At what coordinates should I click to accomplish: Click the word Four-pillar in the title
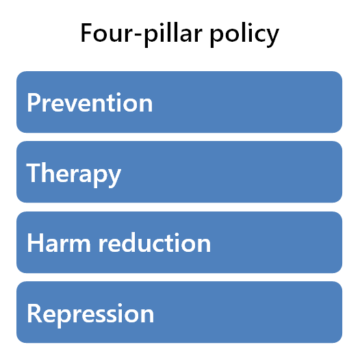(x=142, y=34)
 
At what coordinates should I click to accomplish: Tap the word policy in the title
(x=244, y=35)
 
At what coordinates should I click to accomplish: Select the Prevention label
(x=90, y=103)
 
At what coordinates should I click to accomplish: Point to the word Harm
(x=59, y=242)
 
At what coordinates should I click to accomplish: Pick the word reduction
(x=155, y=242)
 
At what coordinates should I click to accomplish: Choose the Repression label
(x=90, y=315)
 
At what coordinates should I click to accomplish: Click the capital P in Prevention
(x=34, y=103)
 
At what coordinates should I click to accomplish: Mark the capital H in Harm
(x=35, y=243)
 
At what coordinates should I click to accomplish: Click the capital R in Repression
(x=35, y=313)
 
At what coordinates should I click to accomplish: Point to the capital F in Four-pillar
(x=87, y=33)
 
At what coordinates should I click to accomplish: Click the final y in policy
(x=272, y=38)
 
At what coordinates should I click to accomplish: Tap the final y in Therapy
(x=114, y=178)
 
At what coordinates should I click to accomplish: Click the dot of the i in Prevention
(x=118, y=94)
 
